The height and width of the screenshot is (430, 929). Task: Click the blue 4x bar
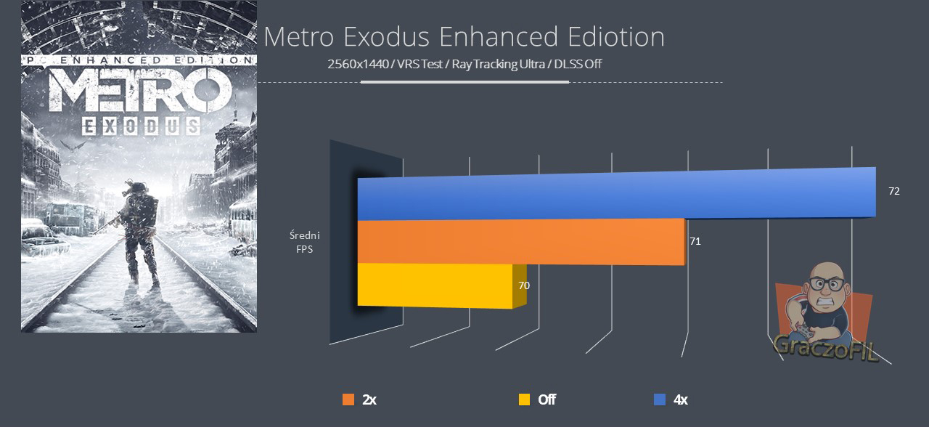[x=617, y=195]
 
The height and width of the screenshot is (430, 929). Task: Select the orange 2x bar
[x=521, y=242]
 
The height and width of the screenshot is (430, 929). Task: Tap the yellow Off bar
[x=435, y=285]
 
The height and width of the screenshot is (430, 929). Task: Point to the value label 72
[x=894, y=192]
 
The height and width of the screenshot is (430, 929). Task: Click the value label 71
[x=695, y=241]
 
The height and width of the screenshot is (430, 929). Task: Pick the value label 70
[x=523, y=285]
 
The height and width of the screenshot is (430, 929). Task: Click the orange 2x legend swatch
[x=348, y=399]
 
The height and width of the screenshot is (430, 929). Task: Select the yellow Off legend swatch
[x=524, y=399]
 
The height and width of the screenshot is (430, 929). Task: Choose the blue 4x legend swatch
[x=660, y=399]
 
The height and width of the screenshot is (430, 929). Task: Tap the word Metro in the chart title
[x=298, y=38]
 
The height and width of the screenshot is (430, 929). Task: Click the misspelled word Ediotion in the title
[x=615, y=38]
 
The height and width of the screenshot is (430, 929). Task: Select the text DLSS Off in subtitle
[x=578, y=64]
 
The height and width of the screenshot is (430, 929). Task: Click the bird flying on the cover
[x=76, y=145]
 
